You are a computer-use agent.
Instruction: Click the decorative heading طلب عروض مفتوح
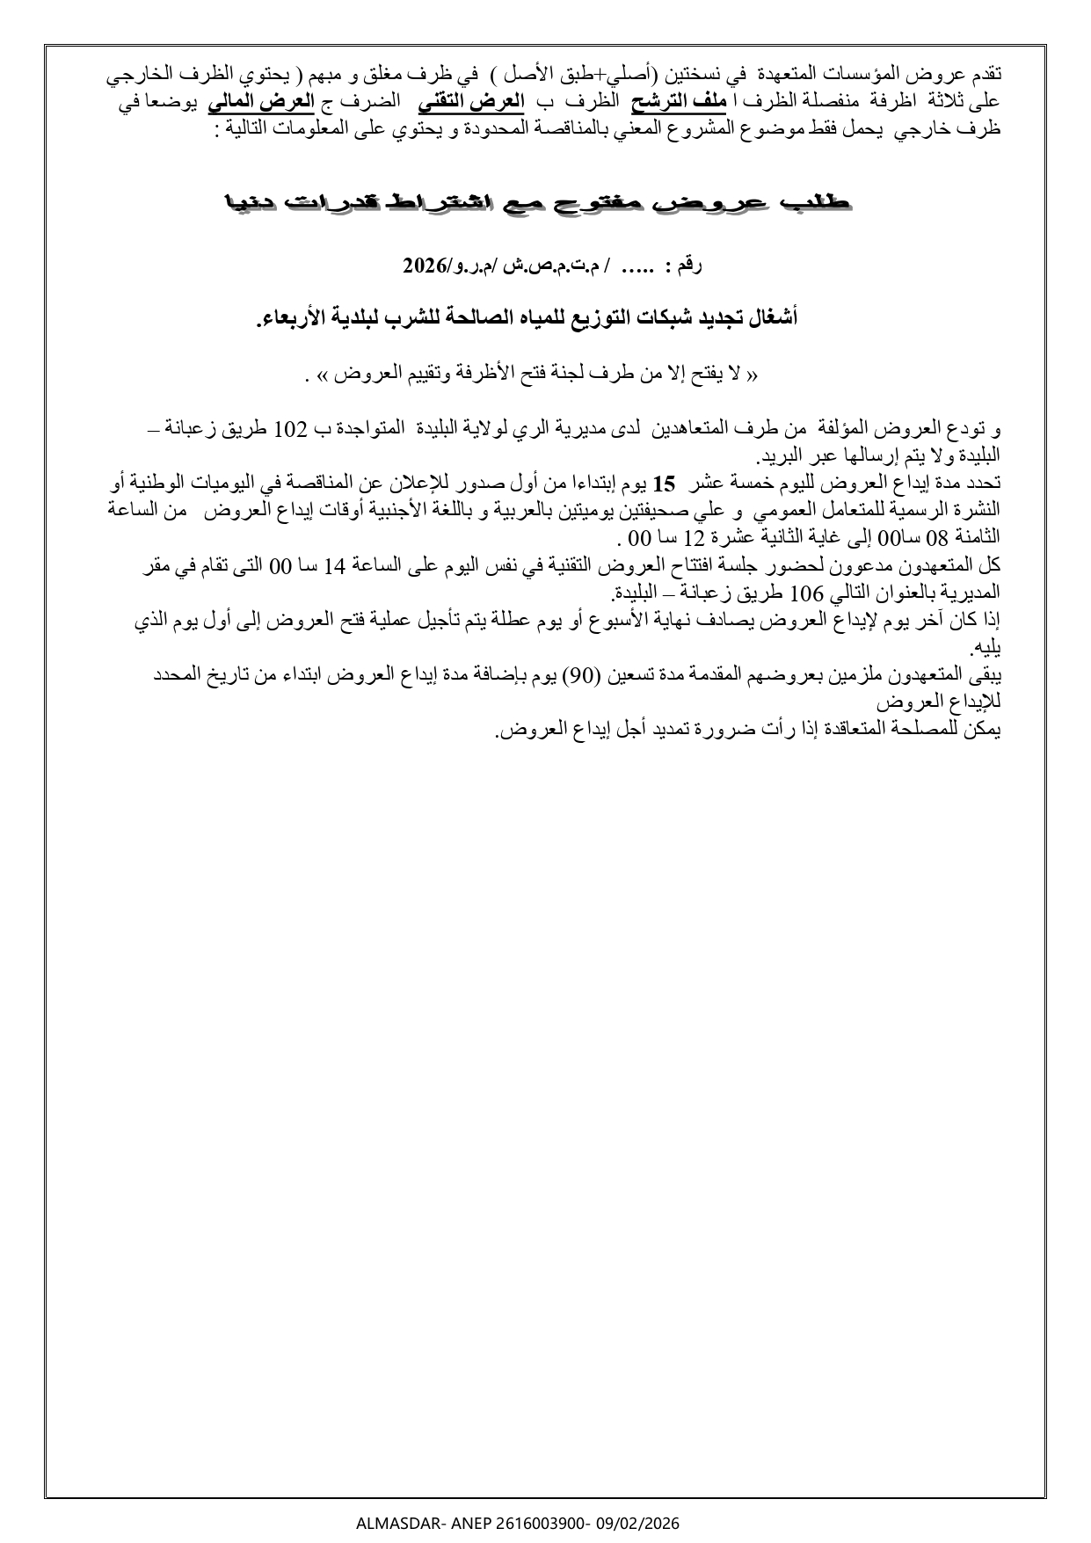[x=537, y=203]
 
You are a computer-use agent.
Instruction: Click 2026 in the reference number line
[x=425, y=264]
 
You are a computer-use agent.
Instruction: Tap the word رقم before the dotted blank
[x=686, y=264]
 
